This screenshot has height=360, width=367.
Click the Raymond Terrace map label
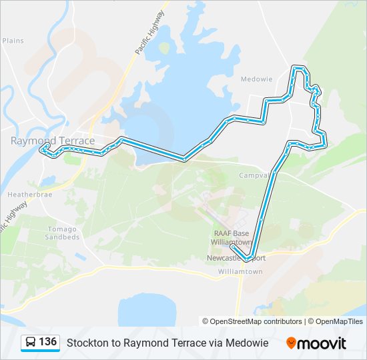click(53, 141)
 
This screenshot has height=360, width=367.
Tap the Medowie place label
click(256, 79)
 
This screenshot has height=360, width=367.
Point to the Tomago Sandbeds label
click(63, 233)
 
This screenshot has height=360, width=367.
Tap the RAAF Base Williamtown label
click(231, 237)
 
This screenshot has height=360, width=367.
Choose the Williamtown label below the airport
click(240, 272)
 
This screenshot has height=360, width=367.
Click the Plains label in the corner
click(13, 41)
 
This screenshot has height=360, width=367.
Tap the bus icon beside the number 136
click(31, 343)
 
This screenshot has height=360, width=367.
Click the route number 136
click(47, 342)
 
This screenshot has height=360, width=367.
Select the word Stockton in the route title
click(84, 343)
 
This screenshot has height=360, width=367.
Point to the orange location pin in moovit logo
click(291, 343)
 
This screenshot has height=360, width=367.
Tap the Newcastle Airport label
click(237, 258)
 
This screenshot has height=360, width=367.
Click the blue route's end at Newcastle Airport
click(232, 248)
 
